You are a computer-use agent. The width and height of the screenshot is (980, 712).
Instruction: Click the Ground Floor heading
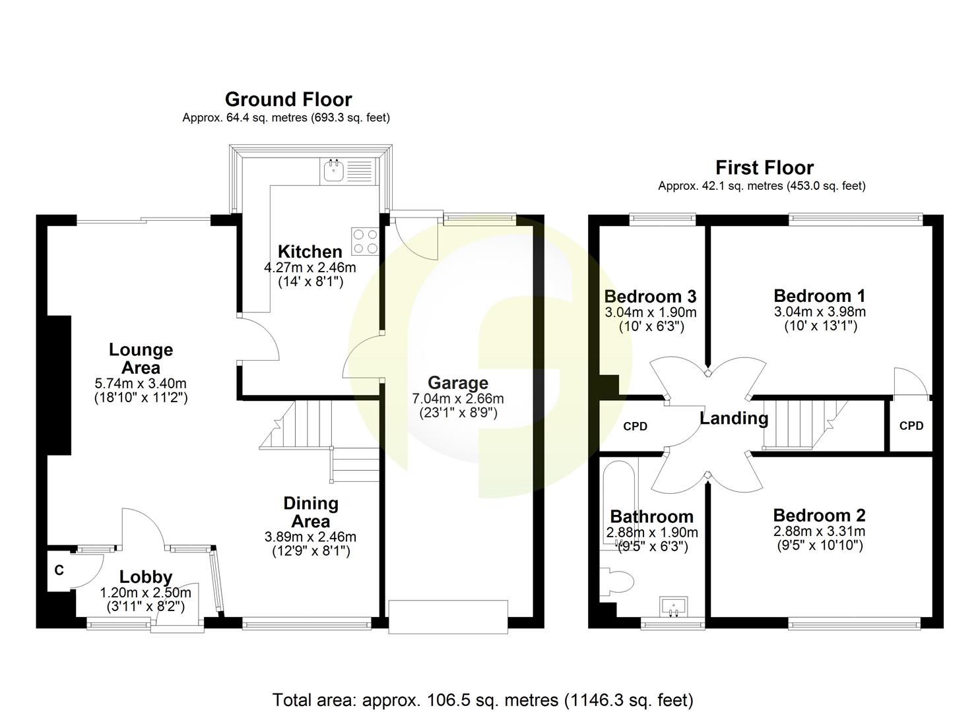pos(288,100)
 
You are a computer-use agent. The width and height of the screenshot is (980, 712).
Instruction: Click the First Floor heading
pos(764,167)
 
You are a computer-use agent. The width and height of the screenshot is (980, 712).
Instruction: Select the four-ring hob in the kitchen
pos(365,241)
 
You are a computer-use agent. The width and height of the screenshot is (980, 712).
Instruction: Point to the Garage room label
pos(458,383)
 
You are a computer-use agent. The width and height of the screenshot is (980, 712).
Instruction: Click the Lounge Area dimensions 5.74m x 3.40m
pos(141,384)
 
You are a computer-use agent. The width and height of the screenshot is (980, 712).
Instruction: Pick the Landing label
pos(734,419)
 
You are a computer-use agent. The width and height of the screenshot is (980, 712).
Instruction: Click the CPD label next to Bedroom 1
pos(911,426)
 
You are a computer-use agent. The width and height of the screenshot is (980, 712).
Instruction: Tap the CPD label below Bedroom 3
pos(635,427)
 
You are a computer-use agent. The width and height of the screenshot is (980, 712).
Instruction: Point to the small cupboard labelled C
pos(59,570)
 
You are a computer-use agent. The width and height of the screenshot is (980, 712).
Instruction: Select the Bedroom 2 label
pos(819,516)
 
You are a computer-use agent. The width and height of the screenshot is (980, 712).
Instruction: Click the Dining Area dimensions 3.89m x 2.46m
pos(310,537)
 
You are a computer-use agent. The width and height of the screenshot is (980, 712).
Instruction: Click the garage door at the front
pos(448,616)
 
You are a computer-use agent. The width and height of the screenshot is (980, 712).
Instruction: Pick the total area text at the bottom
pos(482,699)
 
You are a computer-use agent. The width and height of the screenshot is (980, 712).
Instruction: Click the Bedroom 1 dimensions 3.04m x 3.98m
pos(820,312)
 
